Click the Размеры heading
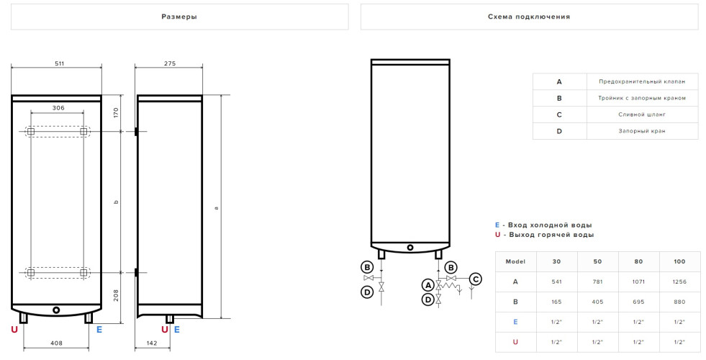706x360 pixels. point(179,17)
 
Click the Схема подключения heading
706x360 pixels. point(529,17)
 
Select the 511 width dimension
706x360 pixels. point(59,64)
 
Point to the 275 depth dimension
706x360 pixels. point(170,64)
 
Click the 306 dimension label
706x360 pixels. point(58,108)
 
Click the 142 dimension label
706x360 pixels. point(152,343)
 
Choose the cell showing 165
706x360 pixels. point(556,302)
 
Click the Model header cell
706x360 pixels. point(515,262)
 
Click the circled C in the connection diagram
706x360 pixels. point(475,279)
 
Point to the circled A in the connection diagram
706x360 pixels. point(428,285)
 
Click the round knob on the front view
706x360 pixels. point(57,311)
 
